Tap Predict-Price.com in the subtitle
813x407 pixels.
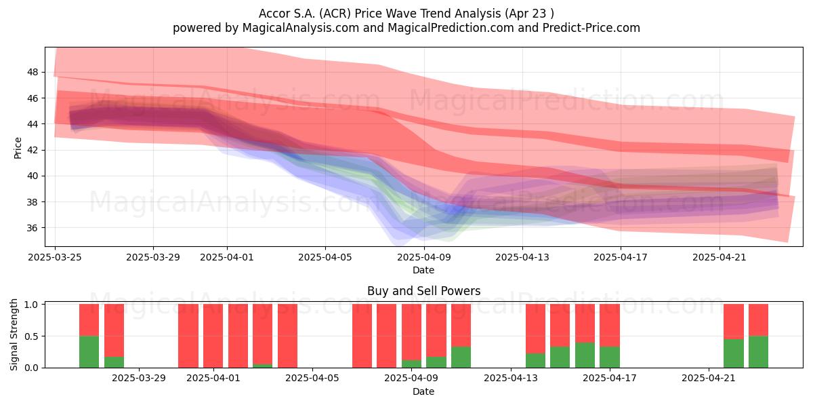(x=591, y=28)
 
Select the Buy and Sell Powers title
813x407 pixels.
(x=423, y=291)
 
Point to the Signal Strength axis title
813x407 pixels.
(x=14, y=334)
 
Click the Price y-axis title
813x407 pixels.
(x=18, y=148)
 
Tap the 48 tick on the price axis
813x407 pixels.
(x=33, y=72)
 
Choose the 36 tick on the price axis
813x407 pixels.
(x=33, y=228)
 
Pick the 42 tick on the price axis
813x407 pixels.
(x=33, y=150)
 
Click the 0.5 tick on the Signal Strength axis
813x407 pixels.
(x=32, y=336)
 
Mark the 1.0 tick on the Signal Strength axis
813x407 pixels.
(x=32, y=305)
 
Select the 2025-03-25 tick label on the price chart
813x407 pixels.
(x=55, y=257)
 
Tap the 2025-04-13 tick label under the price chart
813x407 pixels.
(x=522, y=257)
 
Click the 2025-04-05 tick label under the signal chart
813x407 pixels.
(x=312, y=379)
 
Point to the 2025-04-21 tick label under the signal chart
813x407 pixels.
(x=709, y=379)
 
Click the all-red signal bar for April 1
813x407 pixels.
(x=213, y=336)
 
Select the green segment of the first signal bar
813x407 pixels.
(x=89, y=352)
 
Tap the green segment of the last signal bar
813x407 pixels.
(x=758, y=352)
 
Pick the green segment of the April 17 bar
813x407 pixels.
(x=609, y=357)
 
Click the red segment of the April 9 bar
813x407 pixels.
(x=411, y=332)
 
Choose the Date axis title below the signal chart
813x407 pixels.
(x=423, y=391)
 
